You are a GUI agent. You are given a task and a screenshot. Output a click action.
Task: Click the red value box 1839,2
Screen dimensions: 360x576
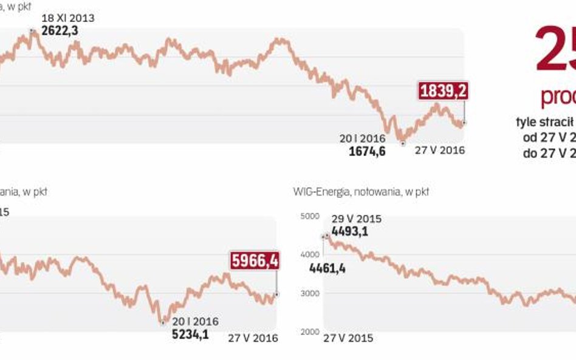(x=443, y=91)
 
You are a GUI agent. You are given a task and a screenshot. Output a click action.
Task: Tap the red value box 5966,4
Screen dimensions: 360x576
(x=255, y=261)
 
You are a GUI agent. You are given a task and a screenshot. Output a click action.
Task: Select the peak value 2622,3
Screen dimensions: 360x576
(x=60, y=30)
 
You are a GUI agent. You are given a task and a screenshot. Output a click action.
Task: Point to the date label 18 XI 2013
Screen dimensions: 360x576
(x=68, y=18)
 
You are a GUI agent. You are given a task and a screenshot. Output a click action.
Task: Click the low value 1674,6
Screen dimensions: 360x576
(x=367, y=151)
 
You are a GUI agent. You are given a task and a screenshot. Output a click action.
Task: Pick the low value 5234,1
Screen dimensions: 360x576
(x=190, y=333)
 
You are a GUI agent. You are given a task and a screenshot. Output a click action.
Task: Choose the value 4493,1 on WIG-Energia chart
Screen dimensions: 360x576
(x=349, y=231)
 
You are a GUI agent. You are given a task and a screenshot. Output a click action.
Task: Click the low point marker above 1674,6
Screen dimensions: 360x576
(x=402, y=143)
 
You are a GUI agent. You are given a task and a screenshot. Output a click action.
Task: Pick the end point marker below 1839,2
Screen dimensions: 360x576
(x=464, y=123)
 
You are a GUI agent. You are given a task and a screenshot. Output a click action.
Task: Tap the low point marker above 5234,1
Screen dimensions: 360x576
(x=163, y=322)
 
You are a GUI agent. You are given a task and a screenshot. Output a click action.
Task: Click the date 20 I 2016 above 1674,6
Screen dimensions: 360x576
(x=363, y=138)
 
